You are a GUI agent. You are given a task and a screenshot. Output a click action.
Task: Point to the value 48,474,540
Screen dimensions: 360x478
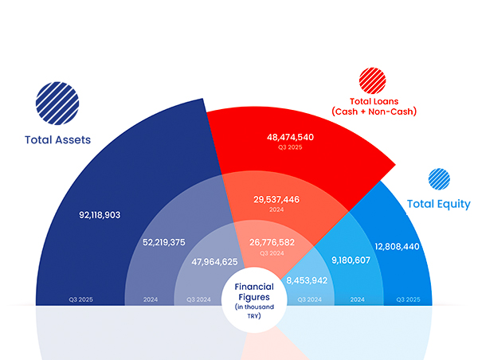click(x=289, y=138)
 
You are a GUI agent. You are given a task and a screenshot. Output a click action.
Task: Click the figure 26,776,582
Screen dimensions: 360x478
click(x=272, y=241)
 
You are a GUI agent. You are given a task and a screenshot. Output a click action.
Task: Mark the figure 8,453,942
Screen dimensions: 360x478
click(x=307, y=280)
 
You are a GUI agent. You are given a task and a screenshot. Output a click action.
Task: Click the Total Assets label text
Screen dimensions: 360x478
click(x=57, y=140)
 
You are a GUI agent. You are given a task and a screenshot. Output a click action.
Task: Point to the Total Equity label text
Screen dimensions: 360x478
click(x=438, y=204)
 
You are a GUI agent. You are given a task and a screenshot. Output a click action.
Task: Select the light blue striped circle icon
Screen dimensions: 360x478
click(x=439, y=179)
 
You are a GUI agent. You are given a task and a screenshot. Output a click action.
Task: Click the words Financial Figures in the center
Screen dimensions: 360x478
click(x=253, y=292)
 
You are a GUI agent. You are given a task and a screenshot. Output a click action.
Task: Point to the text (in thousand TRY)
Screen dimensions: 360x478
click(x=253, y=311)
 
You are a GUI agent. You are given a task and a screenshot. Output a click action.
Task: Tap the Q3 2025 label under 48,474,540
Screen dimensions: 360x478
click(x=289, y=148)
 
